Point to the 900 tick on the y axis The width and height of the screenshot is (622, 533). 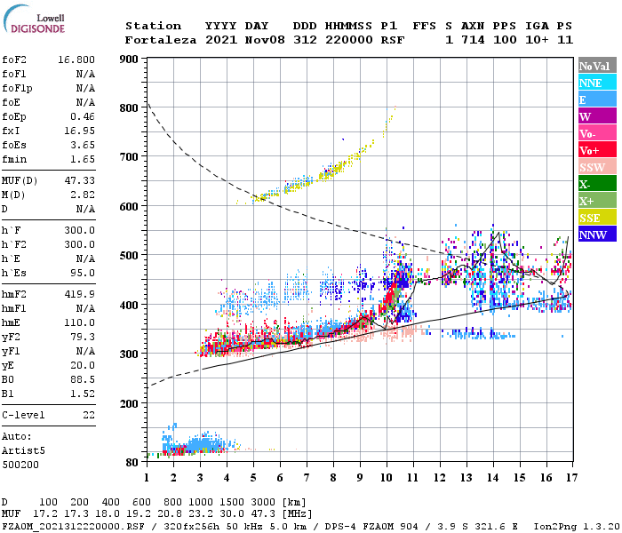click(130, 59)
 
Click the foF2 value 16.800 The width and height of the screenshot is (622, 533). click(76, 60)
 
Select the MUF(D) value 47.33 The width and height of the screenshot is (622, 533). click(80, 180)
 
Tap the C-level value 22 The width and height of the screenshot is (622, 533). click(88, 415)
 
